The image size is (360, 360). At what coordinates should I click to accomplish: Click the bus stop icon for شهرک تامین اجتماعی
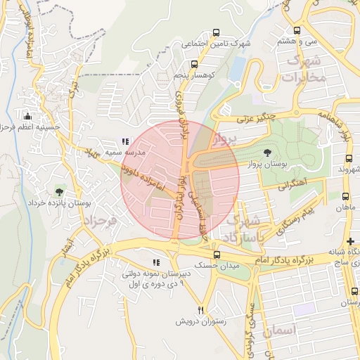[216, 32]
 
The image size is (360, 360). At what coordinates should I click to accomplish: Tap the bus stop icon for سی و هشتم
[297, 31]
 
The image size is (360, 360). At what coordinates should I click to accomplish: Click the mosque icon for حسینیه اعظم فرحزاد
[27, 117]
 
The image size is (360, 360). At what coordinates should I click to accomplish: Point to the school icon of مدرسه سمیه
[125, 141]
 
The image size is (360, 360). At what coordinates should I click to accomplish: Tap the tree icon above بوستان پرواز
[266, 153]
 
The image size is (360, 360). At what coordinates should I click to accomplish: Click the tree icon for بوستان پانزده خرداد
[59, 192]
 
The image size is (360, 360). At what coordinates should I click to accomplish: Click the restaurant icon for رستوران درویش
[200, 311]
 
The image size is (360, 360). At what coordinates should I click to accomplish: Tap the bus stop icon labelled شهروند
[345, 159]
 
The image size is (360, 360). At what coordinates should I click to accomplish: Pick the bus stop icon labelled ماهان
[345, 197]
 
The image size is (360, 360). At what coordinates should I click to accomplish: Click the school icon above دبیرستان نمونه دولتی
[155, 263]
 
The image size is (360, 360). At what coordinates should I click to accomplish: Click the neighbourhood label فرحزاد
[99, 221]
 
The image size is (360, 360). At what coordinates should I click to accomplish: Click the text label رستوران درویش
[200, 322]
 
